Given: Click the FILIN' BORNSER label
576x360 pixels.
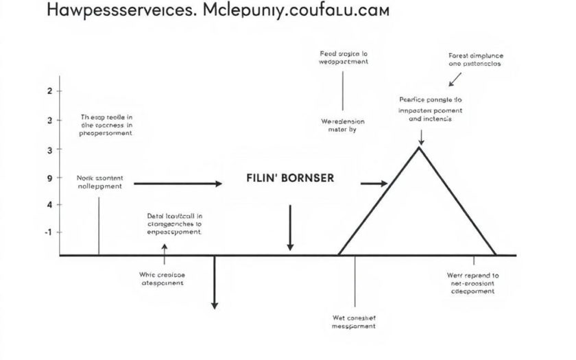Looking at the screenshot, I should [x=290, y=178].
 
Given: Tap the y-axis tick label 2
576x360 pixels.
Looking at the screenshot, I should [x=49, y=91].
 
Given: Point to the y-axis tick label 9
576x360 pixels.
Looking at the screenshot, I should [x=49, y=178].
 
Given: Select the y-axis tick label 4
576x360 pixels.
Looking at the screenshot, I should [x=49, y=205].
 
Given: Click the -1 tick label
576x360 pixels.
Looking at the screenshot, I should [x=48, y=232].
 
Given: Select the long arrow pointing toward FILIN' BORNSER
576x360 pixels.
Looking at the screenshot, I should [x=178, y=184].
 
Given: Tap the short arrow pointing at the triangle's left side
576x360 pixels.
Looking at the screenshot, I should [x=374, y=184].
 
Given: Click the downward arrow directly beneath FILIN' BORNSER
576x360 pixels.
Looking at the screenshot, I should [x=290, y=227].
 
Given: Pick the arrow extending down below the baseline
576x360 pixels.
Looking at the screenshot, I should [x=215, y=282].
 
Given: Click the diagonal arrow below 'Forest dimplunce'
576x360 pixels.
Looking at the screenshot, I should [x=455, y=80].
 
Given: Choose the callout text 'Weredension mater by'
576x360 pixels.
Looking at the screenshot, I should [x=343, y=124].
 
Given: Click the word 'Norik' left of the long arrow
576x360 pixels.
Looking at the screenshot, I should [x=85, y=178].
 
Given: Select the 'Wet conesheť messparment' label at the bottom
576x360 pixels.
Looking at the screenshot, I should [x=353, y=322].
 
